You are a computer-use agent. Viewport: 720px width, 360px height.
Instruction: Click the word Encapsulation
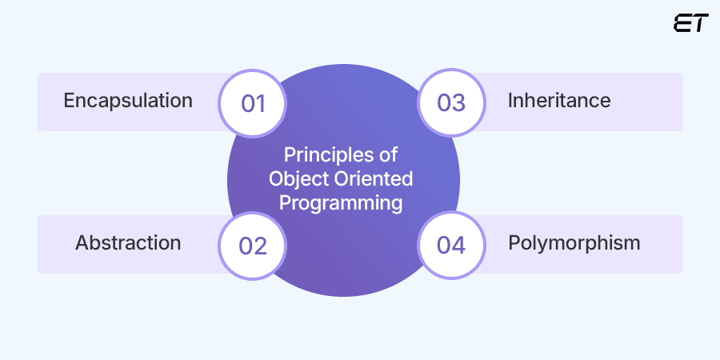coord(128,101)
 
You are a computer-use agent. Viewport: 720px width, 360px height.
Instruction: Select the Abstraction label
coord(128,242)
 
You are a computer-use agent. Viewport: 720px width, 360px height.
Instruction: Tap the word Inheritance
coord(559,101)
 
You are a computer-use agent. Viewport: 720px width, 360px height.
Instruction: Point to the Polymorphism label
coord(574,242)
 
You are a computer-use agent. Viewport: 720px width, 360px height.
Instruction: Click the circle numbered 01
coord(253,102)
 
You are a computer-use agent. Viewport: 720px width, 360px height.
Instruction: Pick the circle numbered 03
coord(451,102)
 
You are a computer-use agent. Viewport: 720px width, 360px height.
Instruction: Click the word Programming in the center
coord(343,203)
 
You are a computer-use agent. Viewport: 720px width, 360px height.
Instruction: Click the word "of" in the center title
coord(389,154)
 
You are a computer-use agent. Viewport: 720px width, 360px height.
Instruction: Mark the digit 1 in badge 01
coord(261,102)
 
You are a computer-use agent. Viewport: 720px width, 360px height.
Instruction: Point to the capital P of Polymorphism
coord(514,242)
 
